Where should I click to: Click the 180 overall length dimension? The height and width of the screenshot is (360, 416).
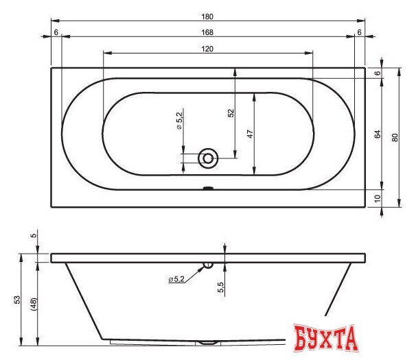pos(207,16)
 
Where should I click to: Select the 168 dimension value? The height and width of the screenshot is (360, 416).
pos(207,32)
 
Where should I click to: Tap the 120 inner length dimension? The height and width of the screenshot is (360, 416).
pos(207,49)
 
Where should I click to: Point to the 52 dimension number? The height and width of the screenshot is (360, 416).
pos(231,113)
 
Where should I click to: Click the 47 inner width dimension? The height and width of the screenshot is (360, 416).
pos(250,134)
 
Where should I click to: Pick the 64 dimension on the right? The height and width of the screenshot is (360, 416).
pos(378,134)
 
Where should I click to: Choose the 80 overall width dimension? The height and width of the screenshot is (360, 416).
pos(395,138)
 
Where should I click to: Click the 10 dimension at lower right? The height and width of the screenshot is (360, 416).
pos(378,198)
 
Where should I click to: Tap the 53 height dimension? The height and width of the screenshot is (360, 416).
pos(17,300)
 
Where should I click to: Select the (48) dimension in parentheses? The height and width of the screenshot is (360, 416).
pos(34,304)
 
